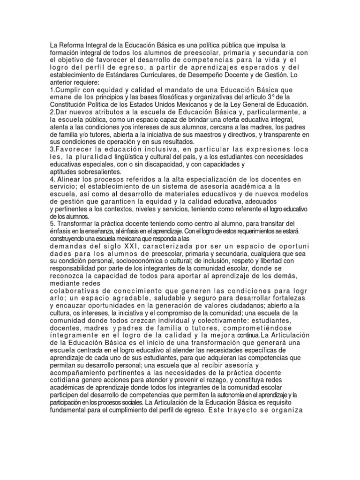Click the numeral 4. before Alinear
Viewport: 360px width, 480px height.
tap(52, 179)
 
